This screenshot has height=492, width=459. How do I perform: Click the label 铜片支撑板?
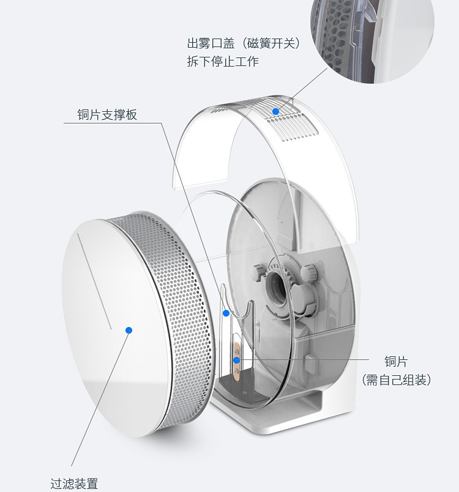[x=107, y=115]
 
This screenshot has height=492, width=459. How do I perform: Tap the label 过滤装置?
[x=74, y=483]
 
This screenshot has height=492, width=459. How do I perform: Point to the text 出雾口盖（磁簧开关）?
[x=245, y=44]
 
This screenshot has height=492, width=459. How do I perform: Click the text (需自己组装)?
[x=397, y=380]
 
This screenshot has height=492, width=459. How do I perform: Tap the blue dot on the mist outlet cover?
[x=276, y=111]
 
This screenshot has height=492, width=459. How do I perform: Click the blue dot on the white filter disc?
[x=129, y=330]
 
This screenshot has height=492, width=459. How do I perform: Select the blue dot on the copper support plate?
[x=226, y=314]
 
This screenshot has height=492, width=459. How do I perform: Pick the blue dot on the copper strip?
[x=237, y=360]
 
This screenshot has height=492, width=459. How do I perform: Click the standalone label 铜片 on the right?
[x=396, y=362]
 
